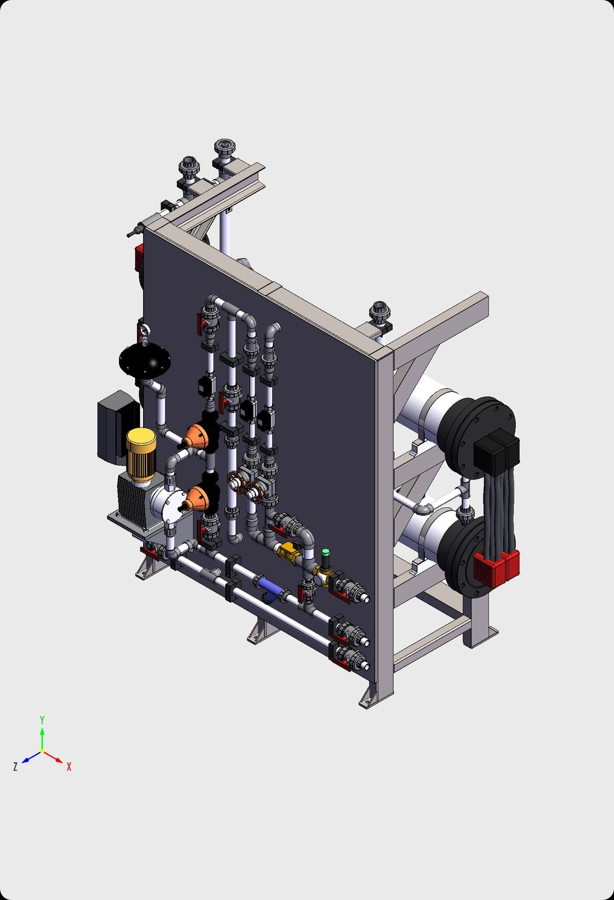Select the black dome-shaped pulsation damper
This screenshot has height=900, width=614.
point(145,361)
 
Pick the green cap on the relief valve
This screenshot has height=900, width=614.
point(326,552)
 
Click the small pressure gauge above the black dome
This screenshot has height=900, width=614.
point(144,330)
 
